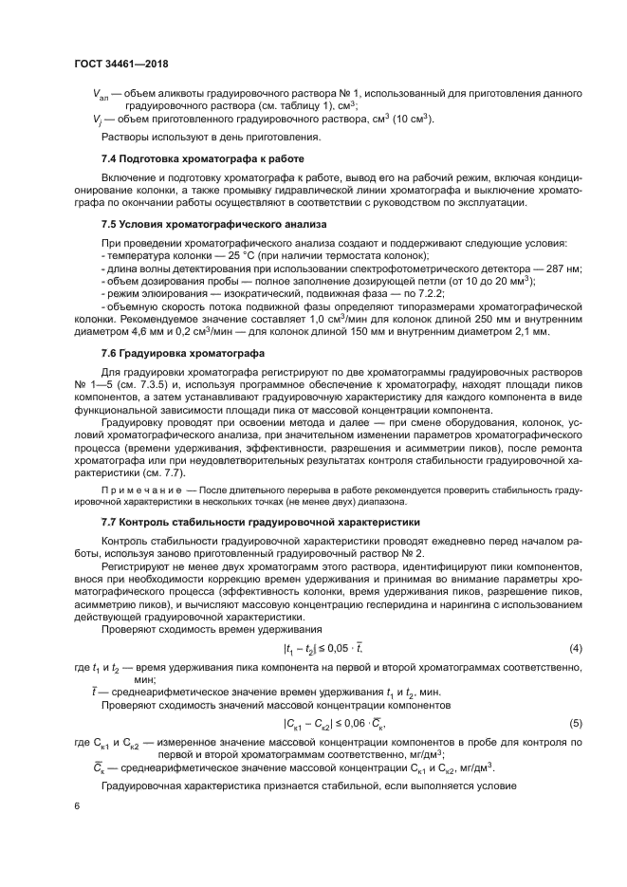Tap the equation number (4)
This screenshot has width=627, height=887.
click(574, 648)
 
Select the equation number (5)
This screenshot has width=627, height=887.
click(574, 723)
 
